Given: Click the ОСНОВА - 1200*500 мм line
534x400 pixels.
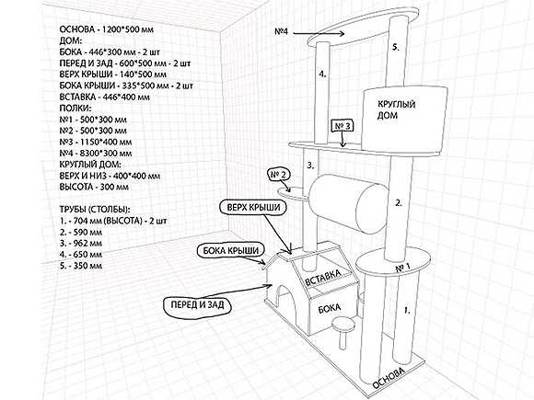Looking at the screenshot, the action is [106, 29].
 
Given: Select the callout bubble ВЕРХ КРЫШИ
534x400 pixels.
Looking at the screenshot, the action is [253, 208].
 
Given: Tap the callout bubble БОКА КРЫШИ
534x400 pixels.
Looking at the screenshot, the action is [230, 251].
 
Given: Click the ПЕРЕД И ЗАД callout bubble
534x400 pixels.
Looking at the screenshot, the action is [197, 304].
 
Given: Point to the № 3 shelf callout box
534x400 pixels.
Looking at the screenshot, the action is [342, 126].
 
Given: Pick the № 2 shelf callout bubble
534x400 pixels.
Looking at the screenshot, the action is [279, 175].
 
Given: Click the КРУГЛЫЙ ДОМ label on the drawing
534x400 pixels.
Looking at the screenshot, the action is [397, 109].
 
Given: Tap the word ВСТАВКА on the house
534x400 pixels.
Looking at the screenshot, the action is [322, 278].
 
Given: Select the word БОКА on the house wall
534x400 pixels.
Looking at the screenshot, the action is [330, 308].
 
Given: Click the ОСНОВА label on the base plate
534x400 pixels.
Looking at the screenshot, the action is [389, 378].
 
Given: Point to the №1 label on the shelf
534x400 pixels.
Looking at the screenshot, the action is [402, 268].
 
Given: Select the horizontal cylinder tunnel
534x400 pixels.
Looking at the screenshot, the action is [349, 208].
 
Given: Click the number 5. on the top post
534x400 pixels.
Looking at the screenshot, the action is [395, 47].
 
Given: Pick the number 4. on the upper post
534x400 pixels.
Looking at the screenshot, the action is [323, 74].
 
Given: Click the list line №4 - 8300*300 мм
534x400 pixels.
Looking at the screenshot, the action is [96, 154].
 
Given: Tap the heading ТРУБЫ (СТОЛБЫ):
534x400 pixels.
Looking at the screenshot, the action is [95, 209].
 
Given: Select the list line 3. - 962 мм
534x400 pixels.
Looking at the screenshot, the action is [81, 243].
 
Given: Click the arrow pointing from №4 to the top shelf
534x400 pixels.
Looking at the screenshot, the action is [319, 33].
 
